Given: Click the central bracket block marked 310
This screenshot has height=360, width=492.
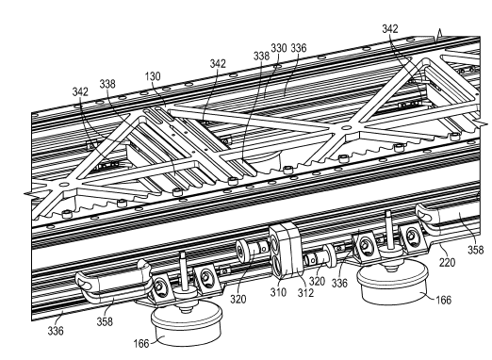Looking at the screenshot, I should tap(285, 250).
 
